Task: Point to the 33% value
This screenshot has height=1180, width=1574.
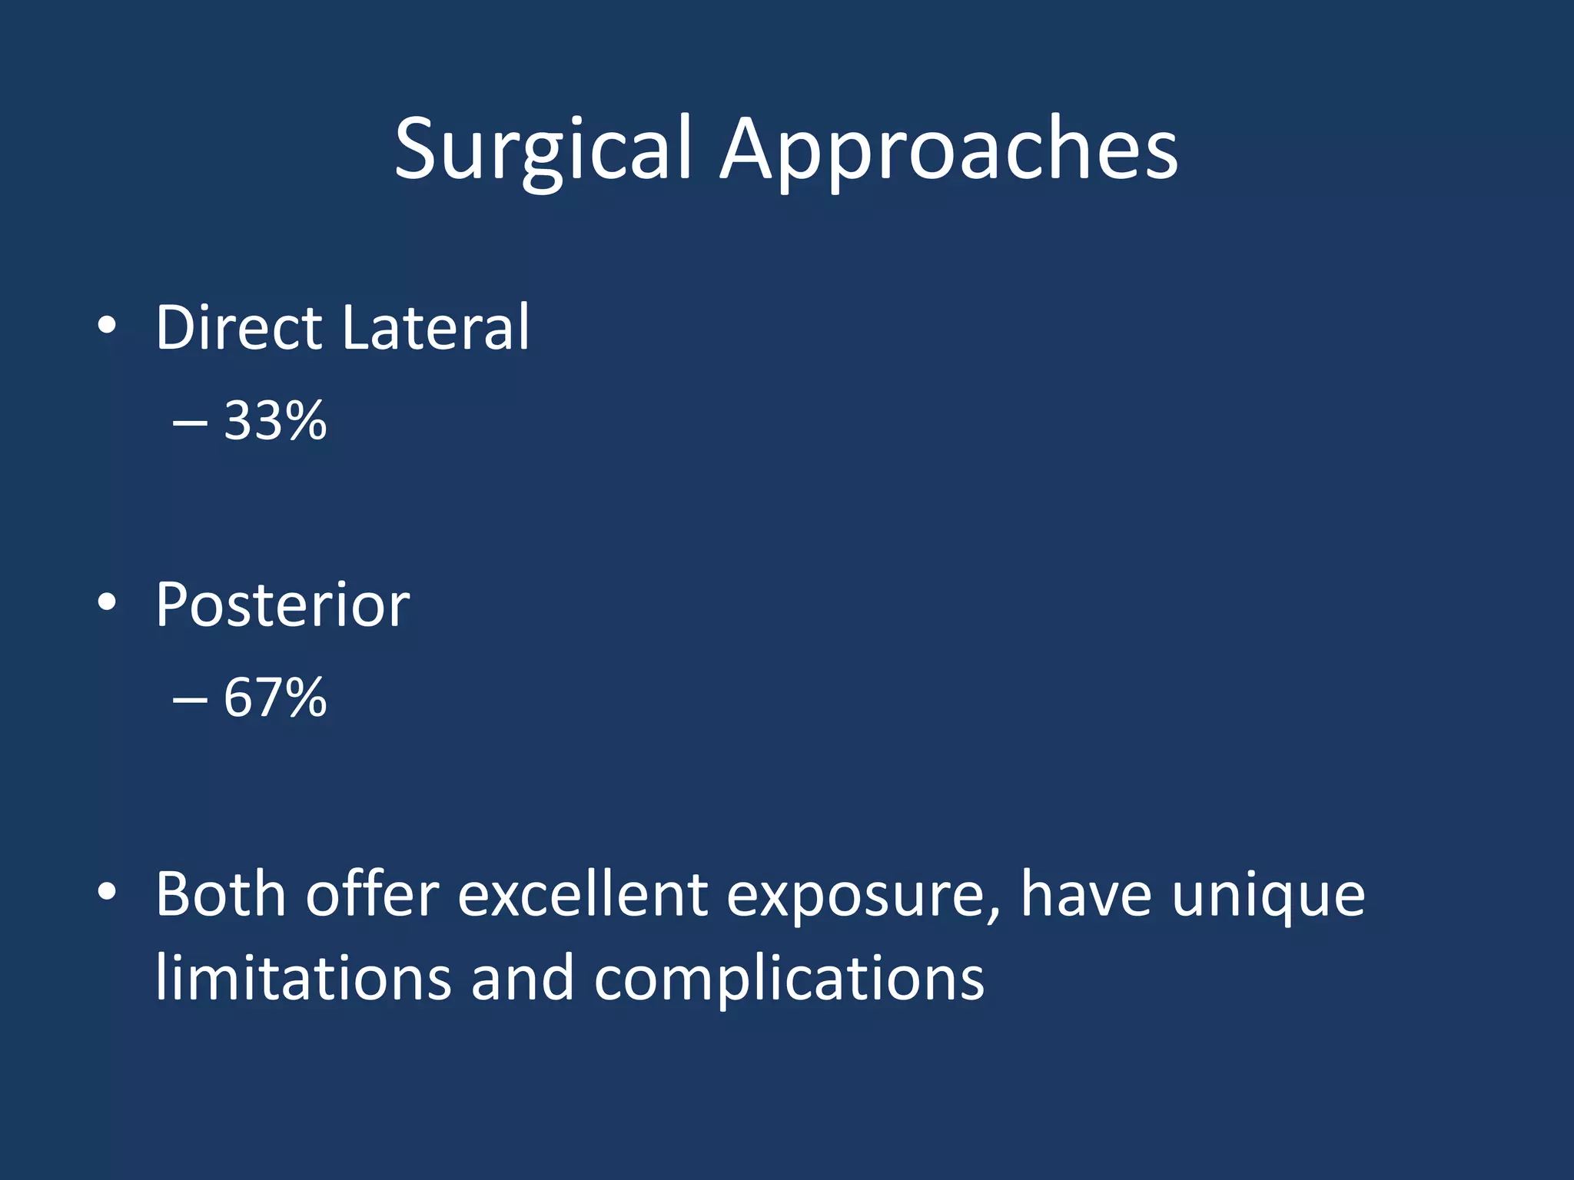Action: [x=275, y=420]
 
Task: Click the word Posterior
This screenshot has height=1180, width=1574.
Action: [x=282, y=605]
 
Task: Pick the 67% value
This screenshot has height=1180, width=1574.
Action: [x=275, y=698]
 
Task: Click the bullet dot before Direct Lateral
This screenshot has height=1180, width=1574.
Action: [x=107, y=326]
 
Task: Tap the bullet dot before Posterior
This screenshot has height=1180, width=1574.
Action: [x=107, y=603]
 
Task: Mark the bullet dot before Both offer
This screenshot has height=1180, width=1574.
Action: [x=107, y=892]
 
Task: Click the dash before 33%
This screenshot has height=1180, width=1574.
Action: [x=190, y=423]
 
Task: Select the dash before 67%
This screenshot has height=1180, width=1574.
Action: [x=190, y=700]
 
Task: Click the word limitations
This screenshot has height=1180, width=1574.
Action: [x=303, y=979]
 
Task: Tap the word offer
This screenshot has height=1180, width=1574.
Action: [x=372, y=894]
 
